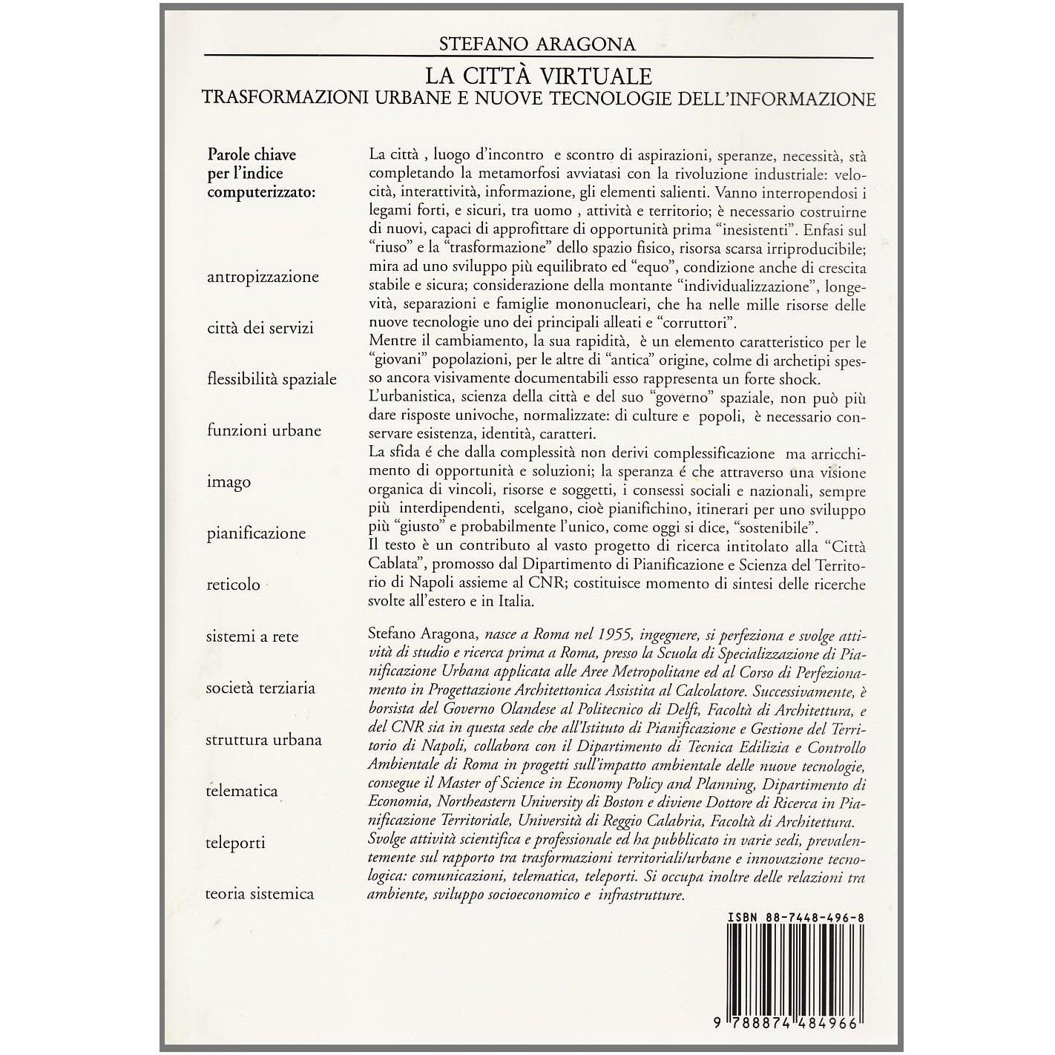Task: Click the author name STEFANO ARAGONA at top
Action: click(538, 44)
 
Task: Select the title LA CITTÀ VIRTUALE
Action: click(538, 76)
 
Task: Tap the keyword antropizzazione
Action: click(263, 277)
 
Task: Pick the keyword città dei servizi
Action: click(260, 328)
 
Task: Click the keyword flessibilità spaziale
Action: click(272, 379)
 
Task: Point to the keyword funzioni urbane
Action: click(264, 430)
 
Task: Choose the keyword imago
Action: click(229, 482)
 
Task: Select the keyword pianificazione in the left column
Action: click(256, 533)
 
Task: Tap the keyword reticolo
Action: click(234, 585)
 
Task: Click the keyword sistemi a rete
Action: click(252, 636)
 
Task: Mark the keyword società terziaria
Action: click(261, 688)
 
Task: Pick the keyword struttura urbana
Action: click(264, 740)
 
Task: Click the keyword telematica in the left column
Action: click(242, 791)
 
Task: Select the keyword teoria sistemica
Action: click(260, 894)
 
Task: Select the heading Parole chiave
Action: click(252, 154)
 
